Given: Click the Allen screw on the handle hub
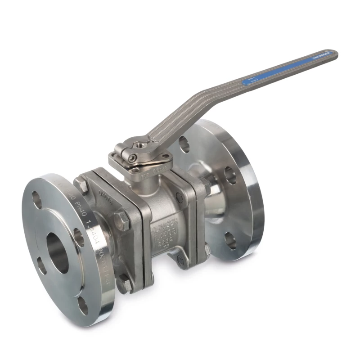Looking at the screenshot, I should pos(132,158).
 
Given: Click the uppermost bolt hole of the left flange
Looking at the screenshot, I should pos(36,199).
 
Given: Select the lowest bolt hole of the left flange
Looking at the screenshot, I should pos(83,306).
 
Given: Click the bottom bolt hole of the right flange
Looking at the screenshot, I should pos(230,241).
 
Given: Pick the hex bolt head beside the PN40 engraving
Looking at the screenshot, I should pos(81,185).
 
